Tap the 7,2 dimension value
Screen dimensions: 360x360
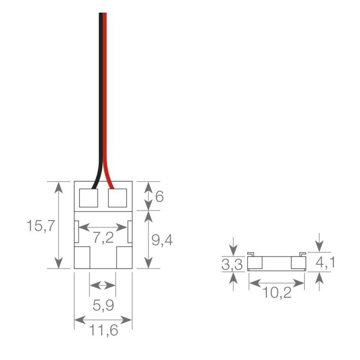(103, 238)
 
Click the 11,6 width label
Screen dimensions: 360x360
(103, 332)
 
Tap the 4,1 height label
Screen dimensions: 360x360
(325, 262)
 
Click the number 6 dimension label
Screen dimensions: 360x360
(159, 197)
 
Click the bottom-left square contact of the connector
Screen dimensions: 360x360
(82, 258)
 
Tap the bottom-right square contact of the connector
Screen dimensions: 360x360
(124, 258)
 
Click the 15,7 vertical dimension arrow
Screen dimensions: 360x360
(58, 225)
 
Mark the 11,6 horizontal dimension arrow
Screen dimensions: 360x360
(103, 320)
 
